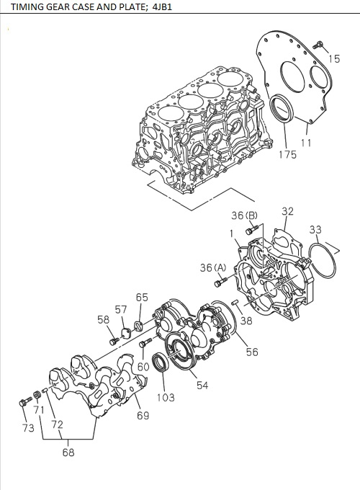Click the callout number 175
[287, 154]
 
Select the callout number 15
[334, 58]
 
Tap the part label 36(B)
[244, 215]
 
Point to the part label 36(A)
[213, 267]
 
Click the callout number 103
[165, 397]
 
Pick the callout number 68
[68, 453]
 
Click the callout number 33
[315, 230]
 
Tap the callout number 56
[252, 352]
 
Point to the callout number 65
[142, 297]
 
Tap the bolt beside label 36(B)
[250, 231]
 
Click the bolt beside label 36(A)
[217, 285]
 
